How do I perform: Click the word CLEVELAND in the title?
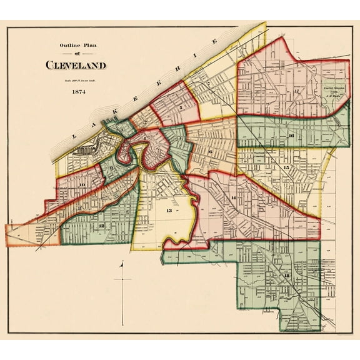point(75,65)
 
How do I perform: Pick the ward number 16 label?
point(290,135)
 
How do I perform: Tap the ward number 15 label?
point(286,167)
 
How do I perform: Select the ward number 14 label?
point(233,198)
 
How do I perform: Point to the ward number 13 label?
point(168,211)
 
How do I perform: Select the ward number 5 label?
point(180,107)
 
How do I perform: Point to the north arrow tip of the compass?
point(123,262)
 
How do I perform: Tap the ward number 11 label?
point(81,207)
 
